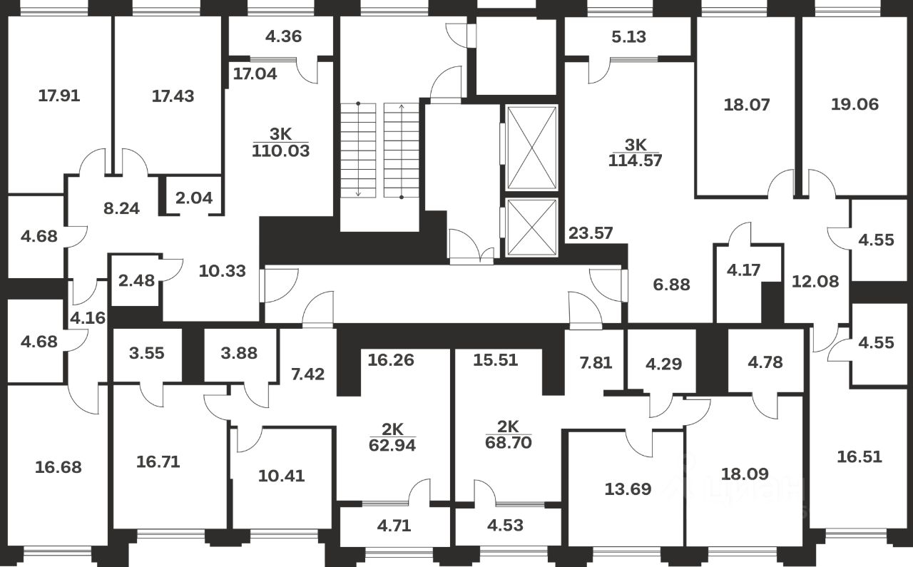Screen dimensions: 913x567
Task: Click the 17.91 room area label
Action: (x=58, y=96)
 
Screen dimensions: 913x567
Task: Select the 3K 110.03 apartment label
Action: (x=280, y=142)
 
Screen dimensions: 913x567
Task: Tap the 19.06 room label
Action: (x=855, y=104)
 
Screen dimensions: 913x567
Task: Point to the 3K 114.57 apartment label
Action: (x=635, y=151)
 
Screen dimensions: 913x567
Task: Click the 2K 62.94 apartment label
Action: (x=393, y=437)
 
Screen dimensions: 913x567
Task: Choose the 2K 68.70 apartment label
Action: (x=509, y=434)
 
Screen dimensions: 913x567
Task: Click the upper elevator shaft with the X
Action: (x=530, y=148)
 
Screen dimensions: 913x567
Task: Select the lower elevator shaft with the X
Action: (x=530, y=227)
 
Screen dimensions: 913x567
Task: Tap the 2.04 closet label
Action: (x=194, y=198)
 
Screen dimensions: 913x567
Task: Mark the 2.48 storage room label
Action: (x=134, y=281)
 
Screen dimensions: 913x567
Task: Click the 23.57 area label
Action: (x=591, y=233)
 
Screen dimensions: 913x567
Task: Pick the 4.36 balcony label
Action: (x=283, y=36)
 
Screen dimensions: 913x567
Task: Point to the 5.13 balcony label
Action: (x=628, y=36)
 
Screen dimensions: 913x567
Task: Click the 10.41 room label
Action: (x=281, y=475)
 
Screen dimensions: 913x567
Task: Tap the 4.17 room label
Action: (x=743, y=270)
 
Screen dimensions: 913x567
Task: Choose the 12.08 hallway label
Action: (x=815, y=281)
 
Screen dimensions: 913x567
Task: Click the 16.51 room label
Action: (x=859, y=456)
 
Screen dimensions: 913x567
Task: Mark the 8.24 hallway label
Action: (x=121, y=209)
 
